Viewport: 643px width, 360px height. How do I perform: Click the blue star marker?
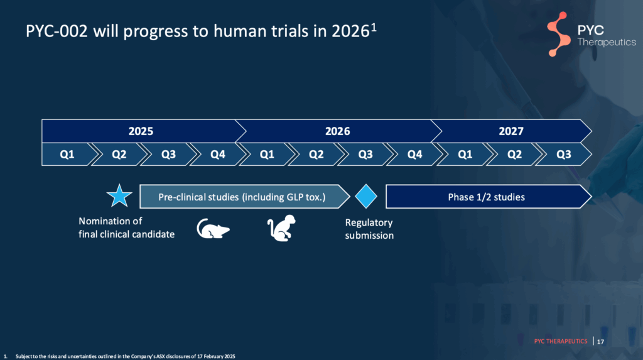(x=119, y=196)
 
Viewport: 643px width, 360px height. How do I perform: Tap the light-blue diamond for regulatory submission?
(x=366, y=196)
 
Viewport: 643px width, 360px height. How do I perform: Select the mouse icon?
(x=213, y=228)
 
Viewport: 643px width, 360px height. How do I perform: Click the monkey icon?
(x=281, y=228)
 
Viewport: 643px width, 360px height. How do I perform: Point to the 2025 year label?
(x=141, y=131)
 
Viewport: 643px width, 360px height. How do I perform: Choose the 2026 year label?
(x=337, y=131)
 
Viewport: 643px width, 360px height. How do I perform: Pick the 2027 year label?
(x=511, y=131)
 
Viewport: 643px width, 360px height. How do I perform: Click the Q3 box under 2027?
(x=564, y=155)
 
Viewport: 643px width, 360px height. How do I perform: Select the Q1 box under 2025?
(x=67, y=155)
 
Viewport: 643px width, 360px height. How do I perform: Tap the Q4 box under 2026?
(x=414, y=155)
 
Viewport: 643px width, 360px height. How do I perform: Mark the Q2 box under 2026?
(x=316, y=155)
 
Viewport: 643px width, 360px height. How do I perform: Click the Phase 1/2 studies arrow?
(x=489, y=197)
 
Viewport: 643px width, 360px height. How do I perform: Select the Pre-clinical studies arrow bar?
(x=244, y=197)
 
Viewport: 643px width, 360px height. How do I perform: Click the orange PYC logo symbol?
(x=558, y=34)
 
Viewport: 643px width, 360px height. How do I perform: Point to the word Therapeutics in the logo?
(x=607, y=42)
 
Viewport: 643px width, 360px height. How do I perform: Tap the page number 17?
(x=600, y=342)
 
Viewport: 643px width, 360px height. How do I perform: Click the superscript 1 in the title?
(x=374, y=28)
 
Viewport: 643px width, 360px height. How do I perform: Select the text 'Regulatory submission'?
(x=369, y=229)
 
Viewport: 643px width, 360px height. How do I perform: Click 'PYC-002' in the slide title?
(x=57, y=31)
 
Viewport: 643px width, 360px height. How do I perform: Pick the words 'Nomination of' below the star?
(x=111, y=221)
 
